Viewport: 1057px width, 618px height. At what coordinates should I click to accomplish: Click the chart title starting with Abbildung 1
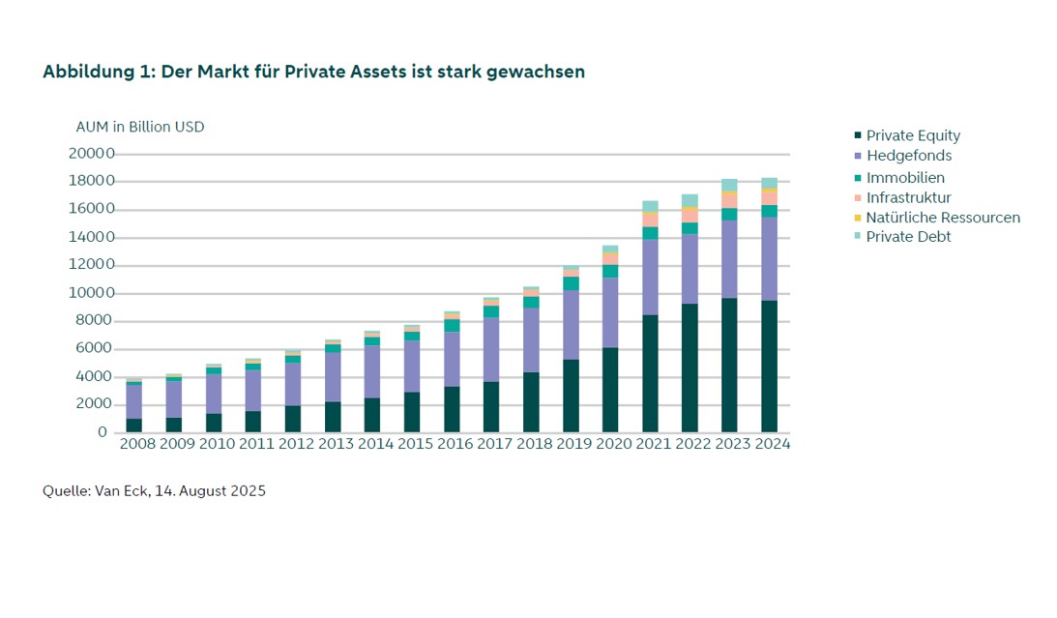[x=313, y=73]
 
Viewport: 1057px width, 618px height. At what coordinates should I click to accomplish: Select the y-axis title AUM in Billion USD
[x=140, y=127]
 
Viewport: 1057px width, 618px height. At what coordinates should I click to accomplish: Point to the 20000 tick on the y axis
[x=91, y=153]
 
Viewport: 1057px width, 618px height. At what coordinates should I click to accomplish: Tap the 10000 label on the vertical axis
[x=91, y=292]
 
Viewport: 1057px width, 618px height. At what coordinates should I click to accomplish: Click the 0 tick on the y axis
[x=103, y=432]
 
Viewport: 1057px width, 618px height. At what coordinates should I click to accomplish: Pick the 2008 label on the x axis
[x=137, y=444]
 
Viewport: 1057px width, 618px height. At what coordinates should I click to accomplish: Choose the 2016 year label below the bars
[x=455, y=444]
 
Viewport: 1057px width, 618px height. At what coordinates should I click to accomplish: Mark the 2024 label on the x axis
[x=773, y=444]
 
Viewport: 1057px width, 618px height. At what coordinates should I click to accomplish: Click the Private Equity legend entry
[x=907, y=135]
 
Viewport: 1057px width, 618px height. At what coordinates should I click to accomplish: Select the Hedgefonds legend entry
[x=903, y=156]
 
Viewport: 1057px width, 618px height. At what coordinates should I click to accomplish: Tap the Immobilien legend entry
[x=899, y=178]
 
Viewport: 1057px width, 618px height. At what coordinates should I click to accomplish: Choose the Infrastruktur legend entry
[x=902, y=197]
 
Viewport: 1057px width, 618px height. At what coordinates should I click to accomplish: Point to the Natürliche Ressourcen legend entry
[x=937, y=218]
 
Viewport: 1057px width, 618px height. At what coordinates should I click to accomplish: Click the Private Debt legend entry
[x=902, y=237]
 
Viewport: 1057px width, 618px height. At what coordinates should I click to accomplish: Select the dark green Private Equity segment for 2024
[x=769, y=366]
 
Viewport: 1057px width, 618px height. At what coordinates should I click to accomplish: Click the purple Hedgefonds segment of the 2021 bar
[x=650, y=277]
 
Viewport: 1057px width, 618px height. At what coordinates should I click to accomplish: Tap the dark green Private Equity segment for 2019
[x=571, y=396]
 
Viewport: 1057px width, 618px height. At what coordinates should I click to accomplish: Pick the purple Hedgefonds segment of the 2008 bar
[x=134, y=401]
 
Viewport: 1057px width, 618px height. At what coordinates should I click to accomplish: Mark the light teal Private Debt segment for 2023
[x=729, y=186]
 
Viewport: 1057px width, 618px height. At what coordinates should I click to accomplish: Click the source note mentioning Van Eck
[x=155, y=490]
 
